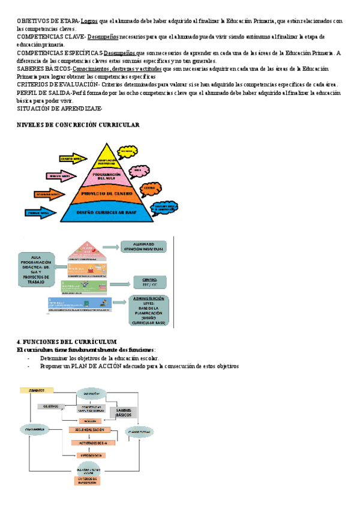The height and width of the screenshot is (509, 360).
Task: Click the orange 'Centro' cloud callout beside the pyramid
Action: coord(150,188)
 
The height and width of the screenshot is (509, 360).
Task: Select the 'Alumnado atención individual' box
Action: coord(143,246)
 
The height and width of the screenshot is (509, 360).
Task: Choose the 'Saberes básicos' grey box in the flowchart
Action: coord(124,413)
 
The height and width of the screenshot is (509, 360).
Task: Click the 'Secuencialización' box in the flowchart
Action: coord(90,430)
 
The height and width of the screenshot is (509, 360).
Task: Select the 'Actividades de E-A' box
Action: coord(90,442)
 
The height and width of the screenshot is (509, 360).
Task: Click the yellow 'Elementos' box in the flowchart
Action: coord(32,390)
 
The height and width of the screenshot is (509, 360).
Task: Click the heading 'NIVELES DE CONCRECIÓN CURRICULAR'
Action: coord(78,125)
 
